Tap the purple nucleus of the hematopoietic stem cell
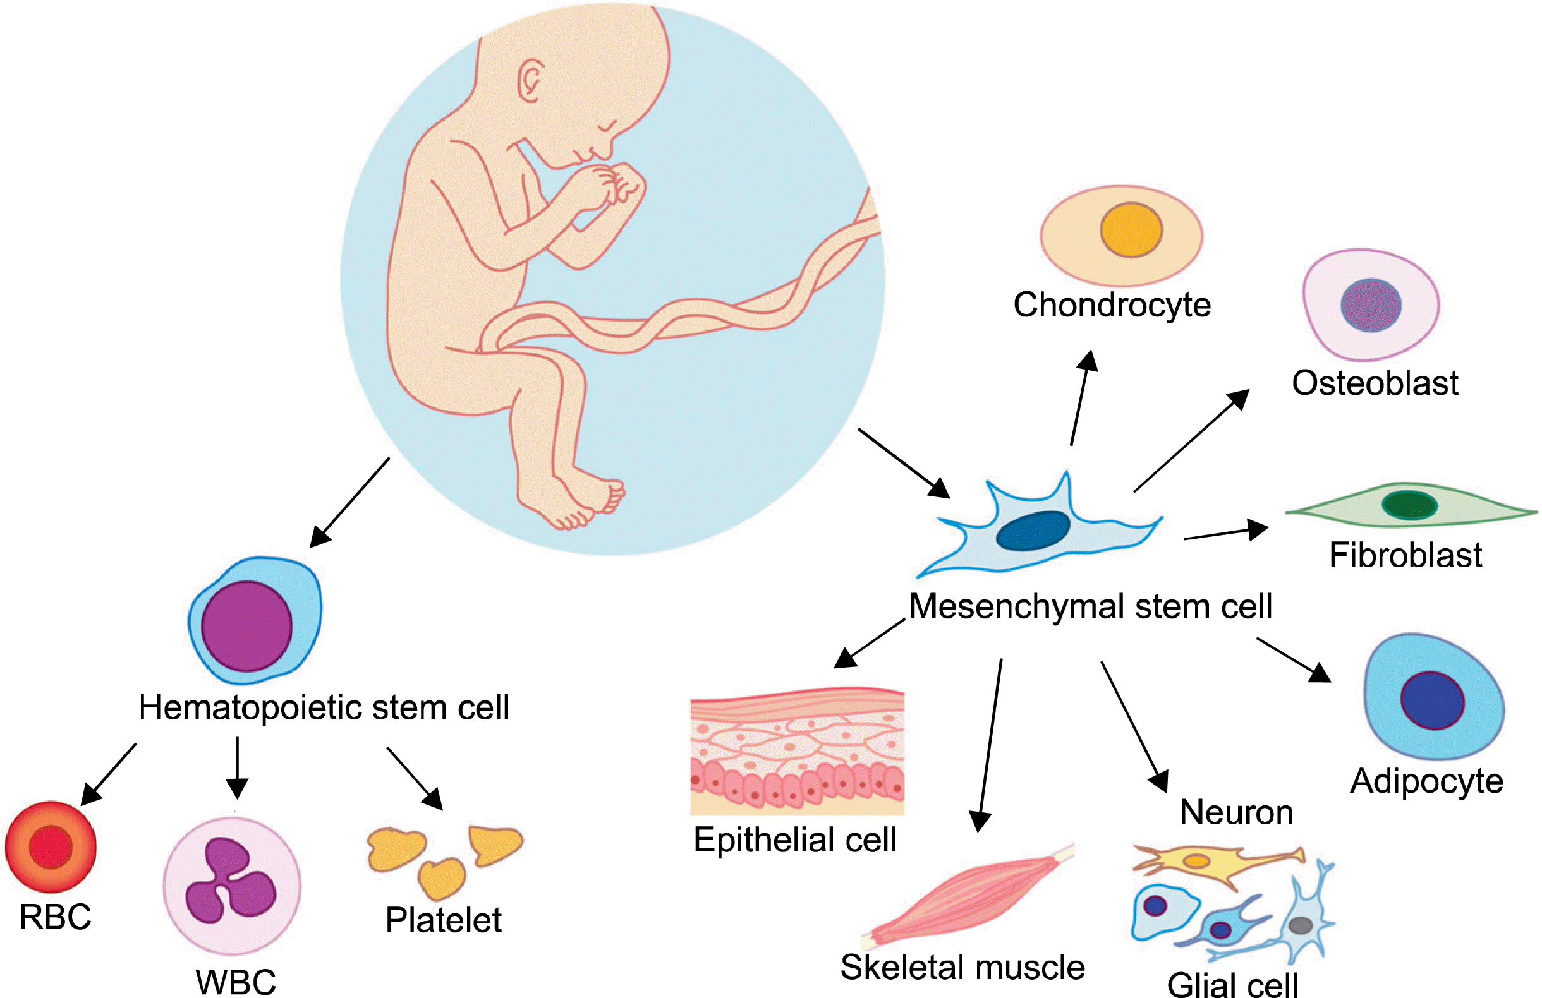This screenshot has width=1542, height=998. click(x=247, y=626)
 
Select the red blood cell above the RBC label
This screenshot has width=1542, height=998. click(x=51, y=846)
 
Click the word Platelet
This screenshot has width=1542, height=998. click(x=443, y=920)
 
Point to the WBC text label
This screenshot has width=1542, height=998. click(x=236, y=982)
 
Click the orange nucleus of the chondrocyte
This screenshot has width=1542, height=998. click(x=1131, y=230)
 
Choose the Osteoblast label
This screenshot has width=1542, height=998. click(x=1375, y=383)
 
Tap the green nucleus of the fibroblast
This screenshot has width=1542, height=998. click(x=1409, y=505)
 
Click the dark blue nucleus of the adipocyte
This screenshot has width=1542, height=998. click(x=1433, y=700)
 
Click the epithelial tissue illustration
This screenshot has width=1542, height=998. click(x=797, y=751)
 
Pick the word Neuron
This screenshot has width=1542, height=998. click(x=1236, y=812)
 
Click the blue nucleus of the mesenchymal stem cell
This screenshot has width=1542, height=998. click(x=1033, y=531)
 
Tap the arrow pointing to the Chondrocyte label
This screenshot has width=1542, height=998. click(x=1083, y=399)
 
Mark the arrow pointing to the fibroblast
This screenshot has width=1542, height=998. click(x=1225, y=532)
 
